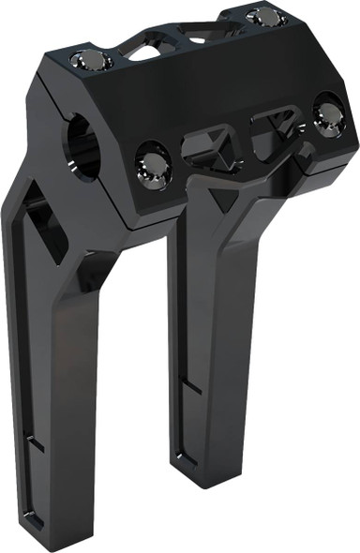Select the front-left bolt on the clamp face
(154, 162)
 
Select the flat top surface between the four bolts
(187, 75)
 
